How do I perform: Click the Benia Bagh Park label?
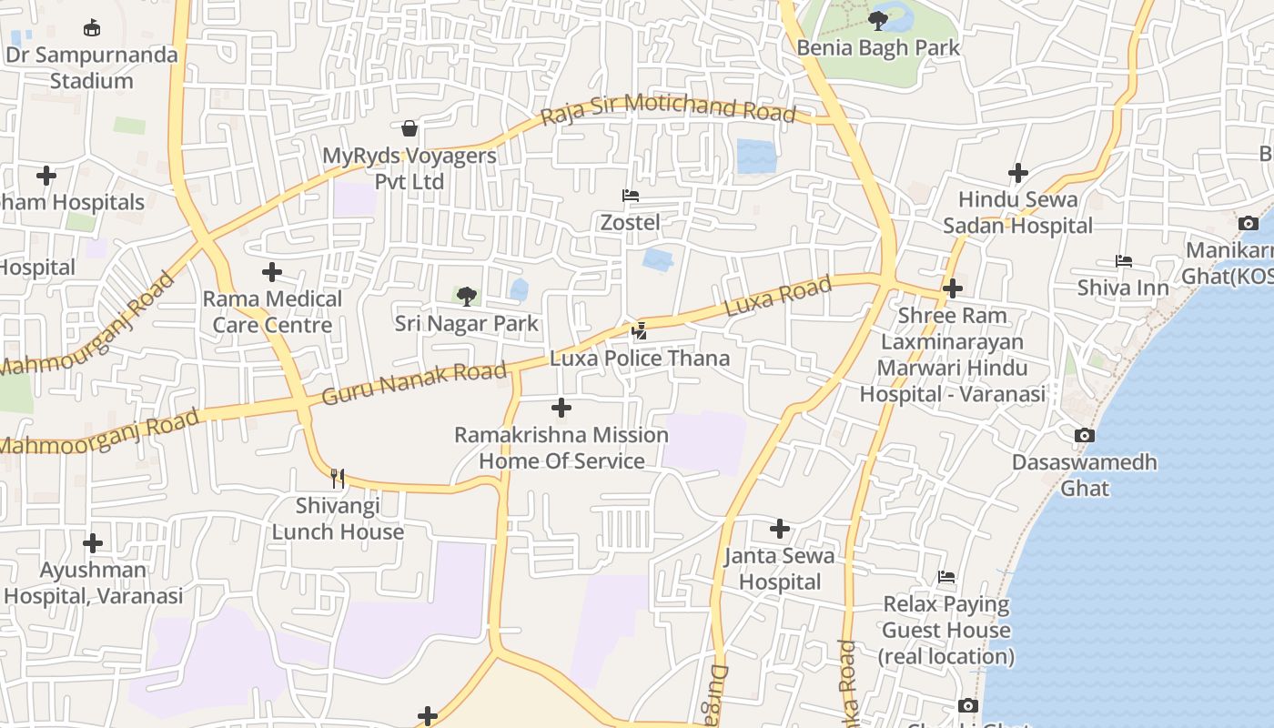[x=878, y=47]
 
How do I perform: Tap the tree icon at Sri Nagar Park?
[x=467, y=296]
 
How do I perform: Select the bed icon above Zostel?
[x=630, y=196]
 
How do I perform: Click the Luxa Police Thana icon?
[x=640, y=331]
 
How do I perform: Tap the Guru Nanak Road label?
[x=414, y=383]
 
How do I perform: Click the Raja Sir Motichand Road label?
[x=668, y=108]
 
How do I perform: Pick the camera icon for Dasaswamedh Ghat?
[x=1084, y=436]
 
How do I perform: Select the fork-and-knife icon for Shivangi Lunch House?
[x=338, y=479]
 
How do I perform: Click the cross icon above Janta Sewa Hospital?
[x=780, y=529]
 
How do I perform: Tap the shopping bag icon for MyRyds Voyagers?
[x=409, y=128]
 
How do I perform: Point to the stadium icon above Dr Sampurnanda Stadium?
[x=91, y=28]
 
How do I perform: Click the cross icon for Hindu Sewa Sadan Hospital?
[x=1018, y=173]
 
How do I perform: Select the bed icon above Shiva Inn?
[x=1123, y=261]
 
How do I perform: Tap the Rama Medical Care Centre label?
[x=272, y=311]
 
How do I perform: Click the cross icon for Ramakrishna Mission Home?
[x=561, y=408]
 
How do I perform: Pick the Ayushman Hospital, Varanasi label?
[x=94, y=583]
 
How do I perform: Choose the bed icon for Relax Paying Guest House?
[x=946, y=577]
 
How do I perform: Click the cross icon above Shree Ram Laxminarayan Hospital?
[x=953, y=289]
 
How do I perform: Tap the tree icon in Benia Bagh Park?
[x=878, y=20]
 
